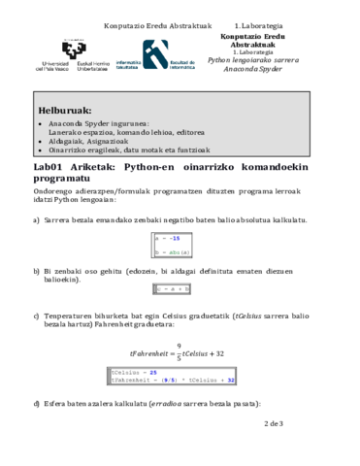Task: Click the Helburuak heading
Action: (66, 109)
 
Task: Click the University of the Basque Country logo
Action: (73, 55)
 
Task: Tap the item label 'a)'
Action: (37, 221)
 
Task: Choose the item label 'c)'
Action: (37, 315)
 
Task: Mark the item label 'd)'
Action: (37, 402)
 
